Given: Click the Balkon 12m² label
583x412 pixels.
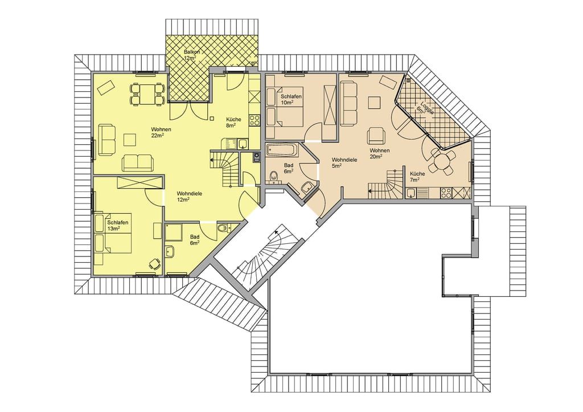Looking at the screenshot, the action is [191, 55].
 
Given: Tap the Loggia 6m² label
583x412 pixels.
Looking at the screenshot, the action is [424, 107].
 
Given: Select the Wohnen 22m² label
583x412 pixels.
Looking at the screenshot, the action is [161, 133].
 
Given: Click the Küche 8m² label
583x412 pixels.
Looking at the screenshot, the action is [233, 123].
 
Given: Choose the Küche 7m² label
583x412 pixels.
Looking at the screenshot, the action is [417, 177].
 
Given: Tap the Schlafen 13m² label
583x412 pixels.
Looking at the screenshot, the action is [117, 226].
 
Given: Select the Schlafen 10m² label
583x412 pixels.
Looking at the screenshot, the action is [291, 99].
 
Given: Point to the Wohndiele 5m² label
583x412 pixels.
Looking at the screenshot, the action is [344, 162].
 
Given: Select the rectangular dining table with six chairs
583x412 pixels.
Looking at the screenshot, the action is [147, 94].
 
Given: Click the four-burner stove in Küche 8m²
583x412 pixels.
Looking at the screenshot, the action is [254, 120].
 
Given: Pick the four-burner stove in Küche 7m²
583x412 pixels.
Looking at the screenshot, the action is [446, 193].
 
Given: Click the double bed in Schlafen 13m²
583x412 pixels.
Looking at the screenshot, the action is [113, 234].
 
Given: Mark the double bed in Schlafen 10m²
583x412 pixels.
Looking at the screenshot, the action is [286, 107].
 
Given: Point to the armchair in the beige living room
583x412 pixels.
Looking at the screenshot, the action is [376, 136].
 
